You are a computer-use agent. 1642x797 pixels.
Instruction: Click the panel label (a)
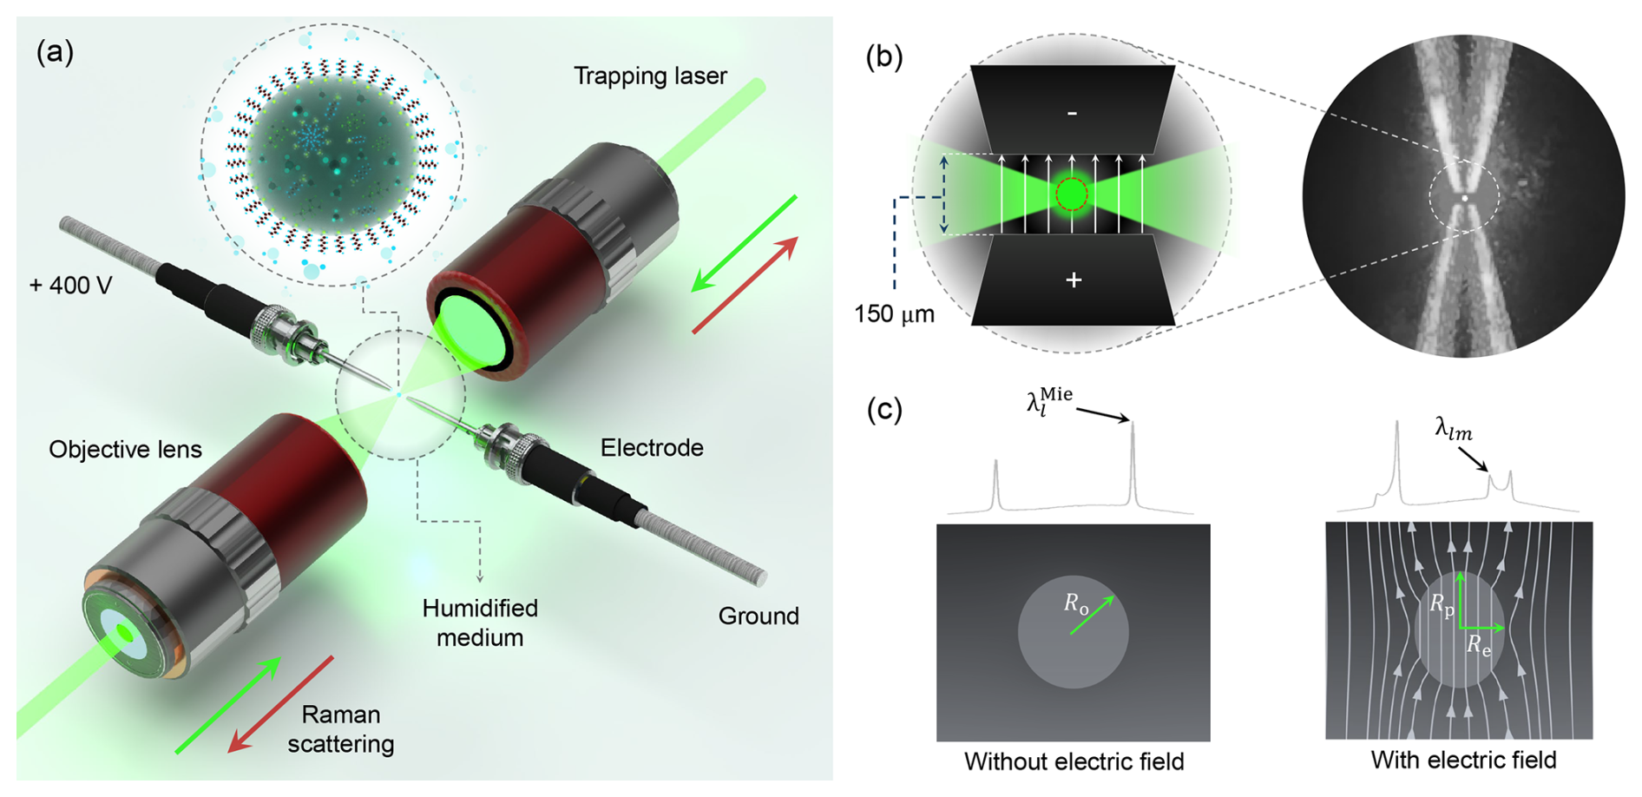pos(55,53)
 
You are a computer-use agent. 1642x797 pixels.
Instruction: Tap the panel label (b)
pos(884,56)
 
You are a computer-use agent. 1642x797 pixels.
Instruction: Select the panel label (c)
pos(884,409)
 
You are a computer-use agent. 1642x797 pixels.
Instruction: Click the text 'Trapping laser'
pos(650,76)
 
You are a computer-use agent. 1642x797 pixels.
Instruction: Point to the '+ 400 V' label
pos(70,286)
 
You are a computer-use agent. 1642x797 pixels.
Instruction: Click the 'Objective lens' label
pos(125,450)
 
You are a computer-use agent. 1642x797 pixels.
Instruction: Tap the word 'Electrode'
pos(652,448)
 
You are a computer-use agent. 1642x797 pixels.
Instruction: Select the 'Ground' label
pos(758,616)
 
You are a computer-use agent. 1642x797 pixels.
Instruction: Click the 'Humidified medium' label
pos(480,622)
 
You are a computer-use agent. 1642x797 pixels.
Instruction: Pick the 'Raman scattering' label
pos(341,729)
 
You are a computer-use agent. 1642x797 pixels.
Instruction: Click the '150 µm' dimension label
pos(894,314)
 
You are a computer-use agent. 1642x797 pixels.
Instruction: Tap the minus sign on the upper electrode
pos(1073,113)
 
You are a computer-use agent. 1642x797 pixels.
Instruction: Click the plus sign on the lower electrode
pos(1074,280)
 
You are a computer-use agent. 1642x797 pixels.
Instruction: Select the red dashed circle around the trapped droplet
pos(1072,194)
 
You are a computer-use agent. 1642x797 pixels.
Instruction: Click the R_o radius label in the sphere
pos(1077,604)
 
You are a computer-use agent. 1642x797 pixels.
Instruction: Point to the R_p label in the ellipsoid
pos(1442,606)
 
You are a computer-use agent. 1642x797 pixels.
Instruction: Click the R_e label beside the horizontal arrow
pos(1479,645)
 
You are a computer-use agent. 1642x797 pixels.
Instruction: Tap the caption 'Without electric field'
pos(1074,762)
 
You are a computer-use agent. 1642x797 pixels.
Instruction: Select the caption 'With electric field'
pos(1463,761)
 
